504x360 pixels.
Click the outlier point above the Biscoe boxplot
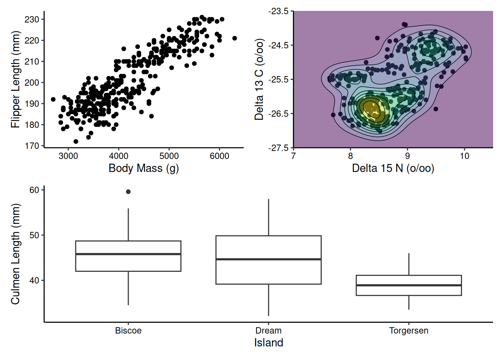tap(128, 192)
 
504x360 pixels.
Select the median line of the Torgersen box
tap(409, 285)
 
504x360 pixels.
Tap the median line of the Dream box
tap(268, 259)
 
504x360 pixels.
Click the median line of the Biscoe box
tap(128, 254)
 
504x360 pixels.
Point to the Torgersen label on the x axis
tap(409, 331)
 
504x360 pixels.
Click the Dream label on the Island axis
tap(268, 331)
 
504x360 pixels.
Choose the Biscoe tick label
tap(128, 331)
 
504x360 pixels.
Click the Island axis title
tap(268, 343)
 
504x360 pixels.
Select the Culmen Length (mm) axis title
tap(15, 254)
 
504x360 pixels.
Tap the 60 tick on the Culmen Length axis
tap(34, 190)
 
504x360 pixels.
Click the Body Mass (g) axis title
tap(144, 168)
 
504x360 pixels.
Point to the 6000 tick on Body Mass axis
tap(219, 156)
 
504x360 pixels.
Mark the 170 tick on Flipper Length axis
tap(32, 146)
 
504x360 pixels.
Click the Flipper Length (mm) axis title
tap(15, 79)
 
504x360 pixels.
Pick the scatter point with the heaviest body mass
tap(235, 38)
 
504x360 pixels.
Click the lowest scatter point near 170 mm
tap(76, 141)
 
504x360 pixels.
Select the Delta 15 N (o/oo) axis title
tap(393, 168)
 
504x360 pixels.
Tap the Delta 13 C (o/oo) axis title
tap(259, 79)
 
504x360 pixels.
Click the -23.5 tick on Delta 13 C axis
tap(279, 11)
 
